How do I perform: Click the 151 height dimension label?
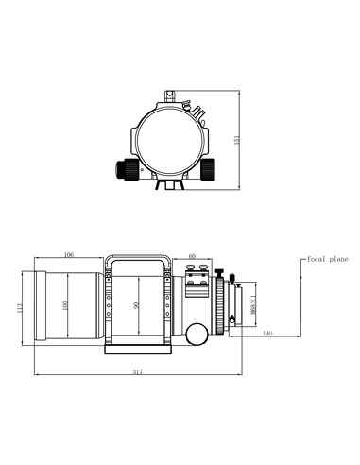coord(237,139)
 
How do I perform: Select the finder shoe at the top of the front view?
coord(171,95)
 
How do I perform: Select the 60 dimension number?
coord(192,255)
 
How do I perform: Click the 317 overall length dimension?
coord(138,372)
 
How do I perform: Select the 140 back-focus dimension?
coord(267,333)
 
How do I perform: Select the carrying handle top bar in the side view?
coord(138,255)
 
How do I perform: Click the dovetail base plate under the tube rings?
coord(138,348)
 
